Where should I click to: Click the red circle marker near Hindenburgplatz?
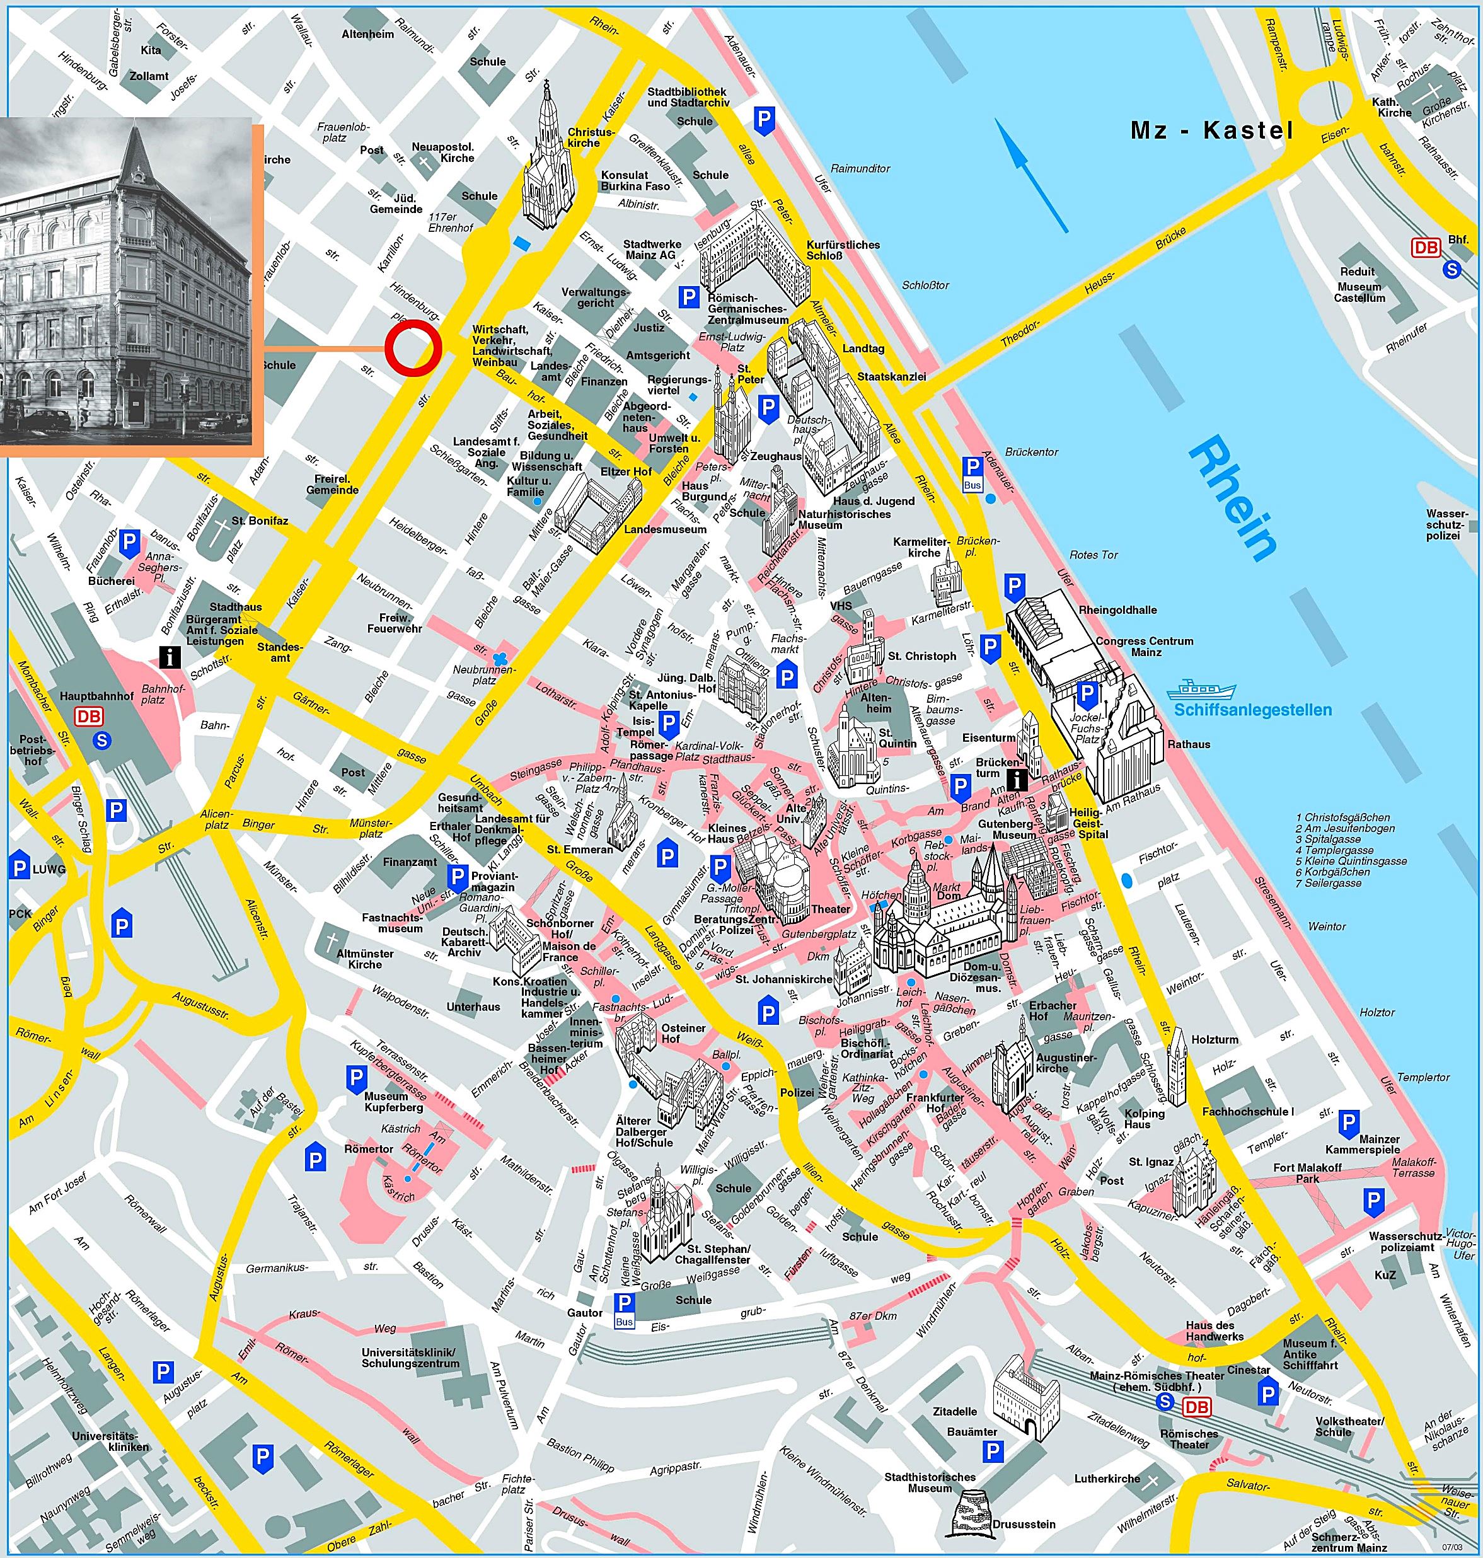click(x=412, y=348)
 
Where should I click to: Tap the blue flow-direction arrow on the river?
click(x=1030, y=175)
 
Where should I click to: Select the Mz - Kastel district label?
click(x=1211, y=130)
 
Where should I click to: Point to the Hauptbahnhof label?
click(x=96, y=696)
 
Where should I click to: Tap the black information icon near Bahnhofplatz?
click(x=169, y=655)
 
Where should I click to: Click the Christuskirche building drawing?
click(x=548, y=158)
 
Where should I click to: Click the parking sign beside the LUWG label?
click(x=19, y=867)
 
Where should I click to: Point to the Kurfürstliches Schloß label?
click(x=843, y=250)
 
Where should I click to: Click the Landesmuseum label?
click(x=665, y=529)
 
